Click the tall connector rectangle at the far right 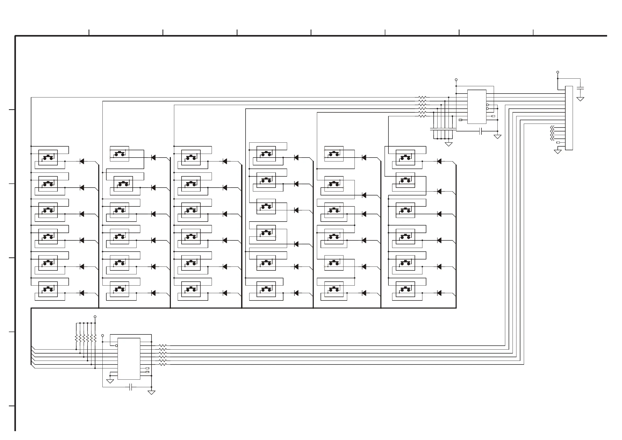[569, 118]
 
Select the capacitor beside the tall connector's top [580, 88]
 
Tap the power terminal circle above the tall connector [557, 72]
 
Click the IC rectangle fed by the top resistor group [476, 107]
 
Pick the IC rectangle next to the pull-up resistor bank [129, 358]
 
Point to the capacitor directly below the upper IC [481, 131]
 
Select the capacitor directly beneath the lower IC [131, 387]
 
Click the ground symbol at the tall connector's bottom [557, 152]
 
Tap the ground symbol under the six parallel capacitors [449, 144]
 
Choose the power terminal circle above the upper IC [456, 80]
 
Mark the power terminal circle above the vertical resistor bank [95, 316]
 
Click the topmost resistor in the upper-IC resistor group [422, 97]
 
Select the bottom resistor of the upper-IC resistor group [422, 116]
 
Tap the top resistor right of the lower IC [163, 346]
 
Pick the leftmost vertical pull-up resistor [76, 338]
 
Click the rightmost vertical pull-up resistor [95, 338]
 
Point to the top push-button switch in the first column [48, 157]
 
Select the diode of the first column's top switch [82, 161]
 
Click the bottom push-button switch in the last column [405, 289]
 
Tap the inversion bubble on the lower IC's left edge [117, 346]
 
